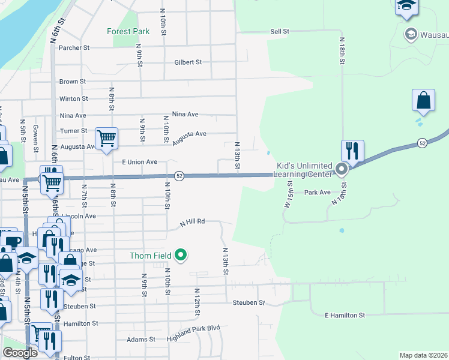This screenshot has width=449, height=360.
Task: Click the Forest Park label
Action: (x=127, y=31)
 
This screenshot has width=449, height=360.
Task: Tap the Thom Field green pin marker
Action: (x=181, y=256)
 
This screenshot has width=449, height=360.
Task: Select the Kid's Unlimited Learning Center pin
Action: (x=342, y=170)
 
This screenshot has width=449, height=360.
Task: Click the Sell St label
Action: (x=280, y=31)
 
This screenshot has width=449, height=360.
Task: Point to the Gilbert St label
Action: (x=188, y=62)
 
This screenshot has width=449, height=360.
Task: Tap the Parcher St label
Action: (x=74, y=47)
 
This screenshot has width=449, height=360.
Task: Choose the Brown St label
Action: (x=72, y=81)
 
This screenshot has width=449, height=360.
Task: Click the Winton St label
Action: (x=73, y=98)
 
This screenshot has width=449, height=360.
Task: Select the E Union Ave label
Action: (x=139, y=162)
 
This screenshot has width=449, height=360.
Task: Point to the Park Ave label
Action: (x=318, y=193)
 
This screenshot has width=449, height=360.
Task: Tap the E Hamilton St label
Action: (x=345, y=315)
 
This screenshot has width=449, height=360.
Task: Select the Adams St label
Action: (x=141, y=340)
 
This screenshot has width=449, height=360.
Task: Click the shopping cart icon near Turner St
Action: (x=106, y=139)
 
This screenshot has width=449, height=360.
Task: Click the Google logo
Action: (x=20, y=352)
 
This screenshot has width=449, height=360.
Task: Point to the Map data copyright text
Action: (x=423, y=355)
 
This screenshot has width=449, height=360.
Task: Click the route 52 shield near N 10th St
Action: (x=179, y=175)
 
